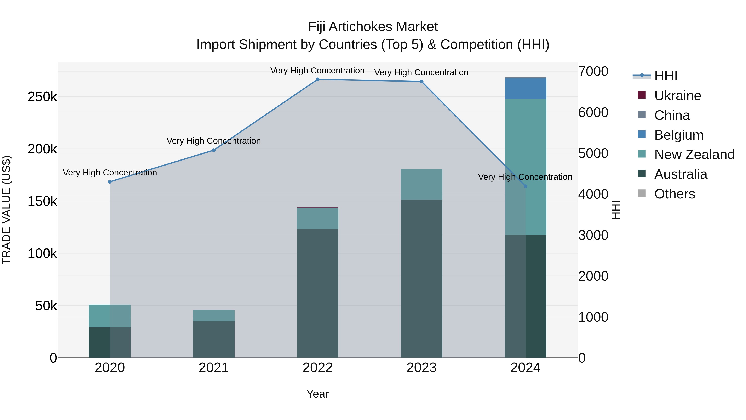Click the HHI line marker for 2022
click(x=317, y=79)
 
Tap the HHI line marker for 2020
click(x=110, y=182)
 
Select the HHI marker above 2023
click(x=421, y=82)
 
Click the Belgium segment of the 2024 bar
click(x=525, y=88)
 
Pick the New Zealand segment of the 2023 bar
click(x=421, y=184)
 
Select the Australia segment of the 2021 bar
click(x=214, y=339)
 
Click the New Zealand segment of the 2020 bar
click(x=110, y=316)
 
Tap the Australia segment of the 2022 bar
click(x=317, y=293)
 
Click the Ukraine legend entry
click(x=677, y=96)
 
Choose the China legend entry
click(x=672, y=115)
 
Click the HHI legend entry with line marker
click(x=665, y=76)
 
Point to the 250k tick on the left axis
click(x=42, y=97)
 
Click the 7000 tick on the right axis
click(x=593, y=72)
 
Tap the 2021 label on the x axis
click(x=214, y=368)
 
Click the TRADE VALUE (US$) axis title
click(x=6, y=210)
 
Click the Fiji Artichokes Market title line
click(x=373, y=27)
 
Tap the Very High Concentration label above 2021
click(x=214, y=141)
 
